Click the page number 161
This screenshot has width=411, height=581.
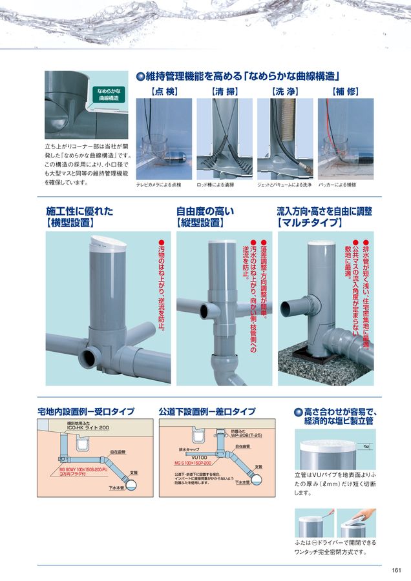pyautogui.click(x=396, y=569)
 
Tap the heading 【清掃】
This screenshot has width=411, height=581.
pyautogui.click(x=225, y=91)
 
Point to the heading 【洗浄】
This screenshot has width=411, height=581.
pyautogui.click(x=284, y=91)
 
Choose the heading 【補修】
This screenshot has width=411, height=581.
pyautogui.click(x=344, y=91)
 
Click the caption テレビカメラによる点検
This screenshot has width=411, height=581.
pyautogui.click(x=158, y=185)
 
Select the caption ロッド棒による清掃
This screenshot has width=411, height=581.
pyautogui.click(x=215, y=185)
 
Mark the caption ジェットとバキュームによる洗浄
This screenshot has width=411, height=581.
pyautogui.click(x=284, y=185)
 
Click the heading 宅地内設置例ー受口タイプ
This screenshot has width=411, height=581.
pyautogui.click(x=86, y=411)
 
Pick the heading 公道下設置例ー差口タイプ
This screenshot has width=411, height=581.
pyautogui.click(x=207, y=411)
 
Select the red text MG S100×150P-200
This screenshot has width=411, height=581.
pyautogui.click(x=195, y=463)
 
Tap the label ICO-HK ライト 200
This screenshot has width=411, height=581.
pyautogui.click(x=88, y=428)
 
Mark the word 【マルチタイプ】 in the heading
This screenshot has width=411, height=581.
pyautogui.click(x=308, y=223)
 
